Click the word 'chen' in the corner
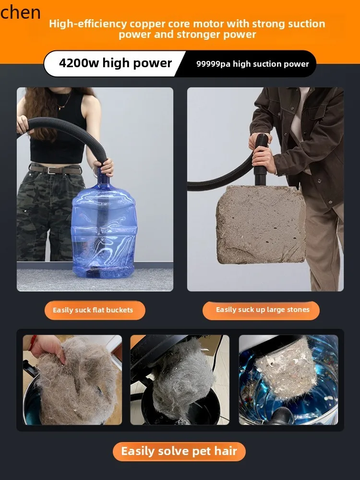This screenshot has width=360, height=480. click(x=20, y=12)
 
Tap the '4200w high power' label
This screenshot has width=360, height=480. click(x=115, y=63)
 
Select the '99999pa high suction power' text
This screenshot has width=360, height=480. click(x=252, y=64)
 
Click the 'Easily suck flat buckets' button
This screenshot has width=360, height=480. click(x=93, y=310)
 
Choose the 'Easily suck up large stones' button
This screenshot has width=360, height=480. click(x=263, y=310)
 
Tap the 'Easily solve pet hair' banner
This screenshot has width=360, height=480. click(x=179, y=451)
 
